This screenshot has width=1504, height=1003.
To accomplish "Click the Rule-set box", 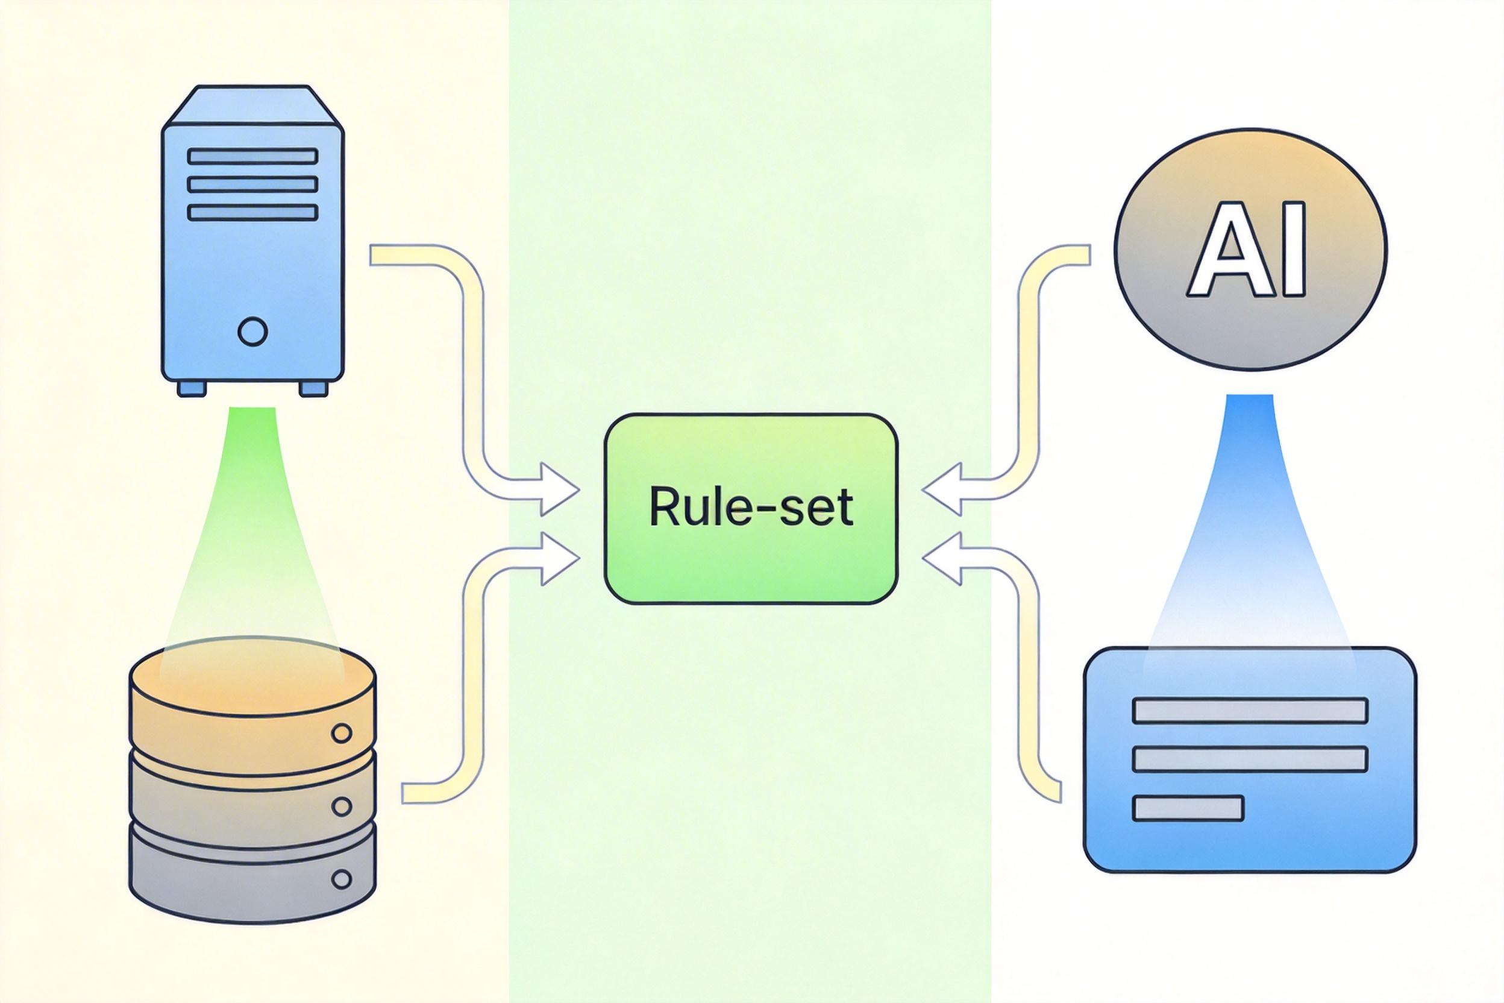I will click(x=751, y=509).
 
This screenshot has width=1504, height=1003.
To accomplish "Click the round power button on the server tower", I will click(x=252, y=332).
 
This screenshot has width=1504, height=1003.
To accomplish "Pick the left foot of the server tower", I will click(x=192, y=388).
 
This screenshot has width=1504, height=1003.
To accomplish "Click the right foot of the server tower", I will click(x=313, y=388).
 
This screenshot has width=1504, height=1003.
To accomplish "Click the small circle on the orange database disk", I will click(x=343, y=733).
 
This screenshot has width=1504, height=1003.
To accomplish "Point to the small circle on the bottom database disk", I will click(x=343, y=879).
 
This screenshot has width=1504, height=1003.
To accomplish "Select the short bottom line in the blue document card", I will click(x=1188, y=808).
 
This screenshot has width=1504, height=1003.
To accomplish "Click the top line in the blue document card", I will click(x=1250, y=711).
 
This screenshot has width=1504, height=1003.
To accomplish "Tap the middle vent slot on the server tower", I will click(x=252, y=184).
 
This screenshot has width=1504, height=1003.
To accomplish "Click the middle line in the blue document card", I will click(x=1250, y=759).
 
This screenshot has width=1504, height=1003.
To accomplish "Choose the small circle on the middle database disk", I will click(x=343, y=806).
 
